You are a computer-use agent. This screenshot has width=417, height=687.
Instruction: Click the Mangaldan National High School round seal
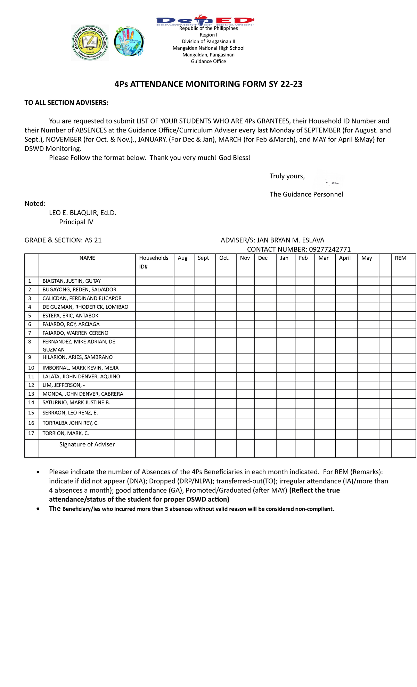pyautogui.click(x=90, y=43)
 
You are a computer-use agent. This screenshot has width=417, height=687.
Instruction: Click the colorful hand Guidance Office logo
pyautogui.click(x=129, y=42)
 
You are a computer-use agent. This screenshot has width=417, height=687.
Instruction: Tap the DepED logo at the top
pyautogui.click(x=205, y=21)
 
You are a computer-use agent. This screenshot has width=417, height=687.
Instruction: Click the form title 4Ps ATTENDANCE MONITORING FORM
pyautogui.click(x=208, y=84)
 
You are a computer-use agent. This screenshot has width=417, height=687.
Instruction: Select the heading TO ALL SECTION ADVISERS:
pyautogui.click(x=66, y=103)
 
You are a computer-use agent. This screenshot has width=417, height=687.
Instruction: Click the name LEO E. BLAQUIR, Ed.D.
pyautogui.click(x=83, y=213)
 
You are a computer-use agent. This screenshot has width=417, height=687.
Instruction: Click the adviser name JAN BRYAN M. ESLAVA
pyautogui.click(x=290, y=240)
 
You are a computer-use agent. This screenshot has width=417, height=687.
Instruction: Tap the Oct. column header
pyautogui.click(x=224, y=258)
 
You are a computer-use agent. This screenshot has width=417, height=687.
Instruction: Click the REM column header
pyautogui.click(x=400, y=258)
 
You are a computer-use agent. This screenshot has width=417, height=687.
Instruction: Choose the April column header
pyautogui.click(x=345, y=258)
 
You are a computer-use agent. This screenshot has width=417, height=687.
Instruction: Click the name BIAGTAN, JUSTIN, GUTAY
pyautogui.click(x=72, y=281)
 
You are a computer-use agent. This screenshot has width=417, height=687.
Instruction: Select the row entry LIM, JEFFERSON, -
pyautogui.click(x=64, y=385)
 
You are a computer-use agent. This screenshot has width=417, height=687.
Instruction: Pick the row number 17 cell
pyautogui.click(x=31, y=433)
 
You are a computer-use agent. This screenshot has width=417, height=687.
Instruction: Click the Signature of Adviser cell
pyautogui.click(x=87, y=444)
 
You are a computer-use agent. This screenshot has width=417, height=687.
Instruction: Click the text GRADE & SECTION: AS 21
pyautogui.click(x=63, y=240)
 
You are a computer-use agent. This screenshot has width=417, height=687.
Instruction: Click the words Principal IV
pyautogui.click(x=76, y=222)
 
